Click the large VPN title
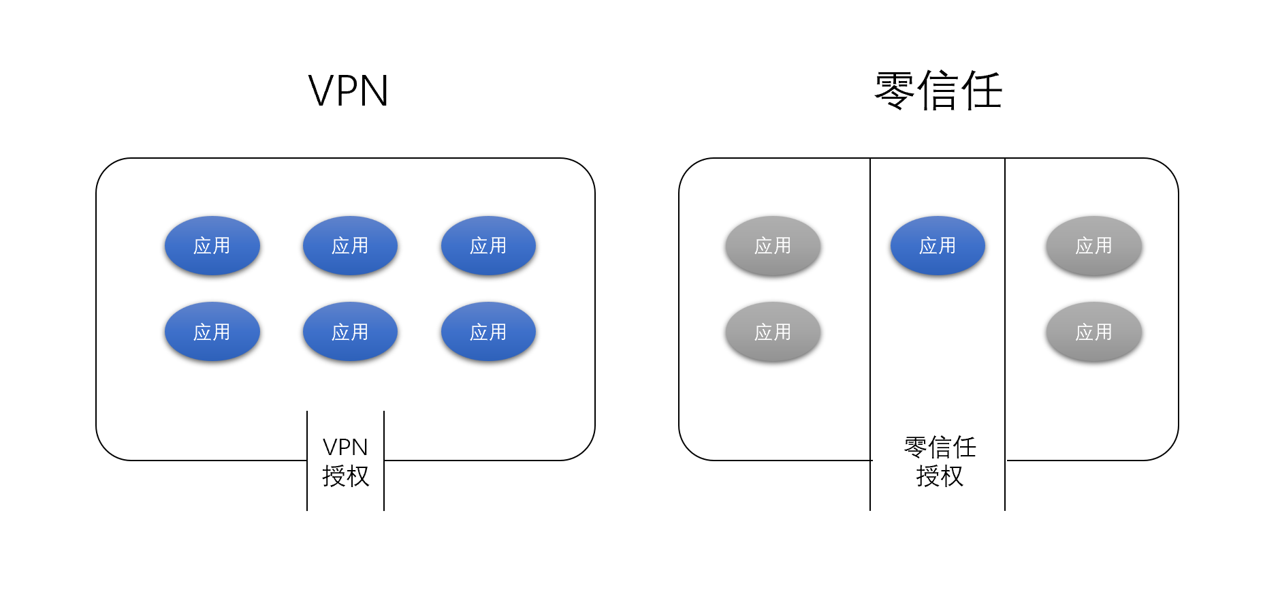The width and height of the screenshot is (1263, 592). pos(348,91)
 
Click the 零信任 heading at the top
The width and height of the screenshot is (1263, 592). pos(938,91)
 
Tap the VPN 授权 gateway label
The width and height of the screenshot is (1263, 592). pos(345,461)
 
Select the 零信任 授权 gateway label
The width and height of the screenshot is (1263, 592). pos(940,461)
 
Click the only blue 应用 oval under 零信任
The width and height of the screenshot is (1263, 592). pos(938,246)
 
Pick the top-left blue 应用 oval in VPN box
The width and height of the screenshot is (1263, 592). pos(212,246)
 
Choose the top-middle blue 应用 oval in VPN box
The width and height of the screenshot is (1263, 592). pos(350,246)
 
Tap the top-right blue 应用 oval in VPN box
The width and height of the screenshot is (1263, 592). pos(488,246)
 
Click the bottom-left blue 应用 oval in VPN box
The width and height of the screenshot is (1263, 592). pos(212,332)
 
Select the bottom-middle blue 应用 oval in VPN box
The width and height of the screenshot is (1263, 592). pos(350,332)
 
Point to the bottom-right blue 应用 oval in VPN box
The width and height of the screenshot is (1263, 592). pos(488,332)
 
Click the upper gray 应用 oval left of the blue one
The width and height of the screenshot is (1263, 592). pos(773,246)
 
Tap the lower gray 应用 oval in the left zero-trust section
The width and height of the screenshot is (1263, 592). pos(773,332)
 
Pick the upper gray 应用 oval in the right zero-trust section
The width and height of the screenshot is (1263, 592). pos(1093,246)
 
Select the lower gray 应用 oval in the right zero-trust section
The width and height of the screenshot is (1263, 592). pos(1093,332)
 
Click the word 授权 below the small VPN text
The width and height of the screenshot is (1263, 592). pos(345,476)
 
